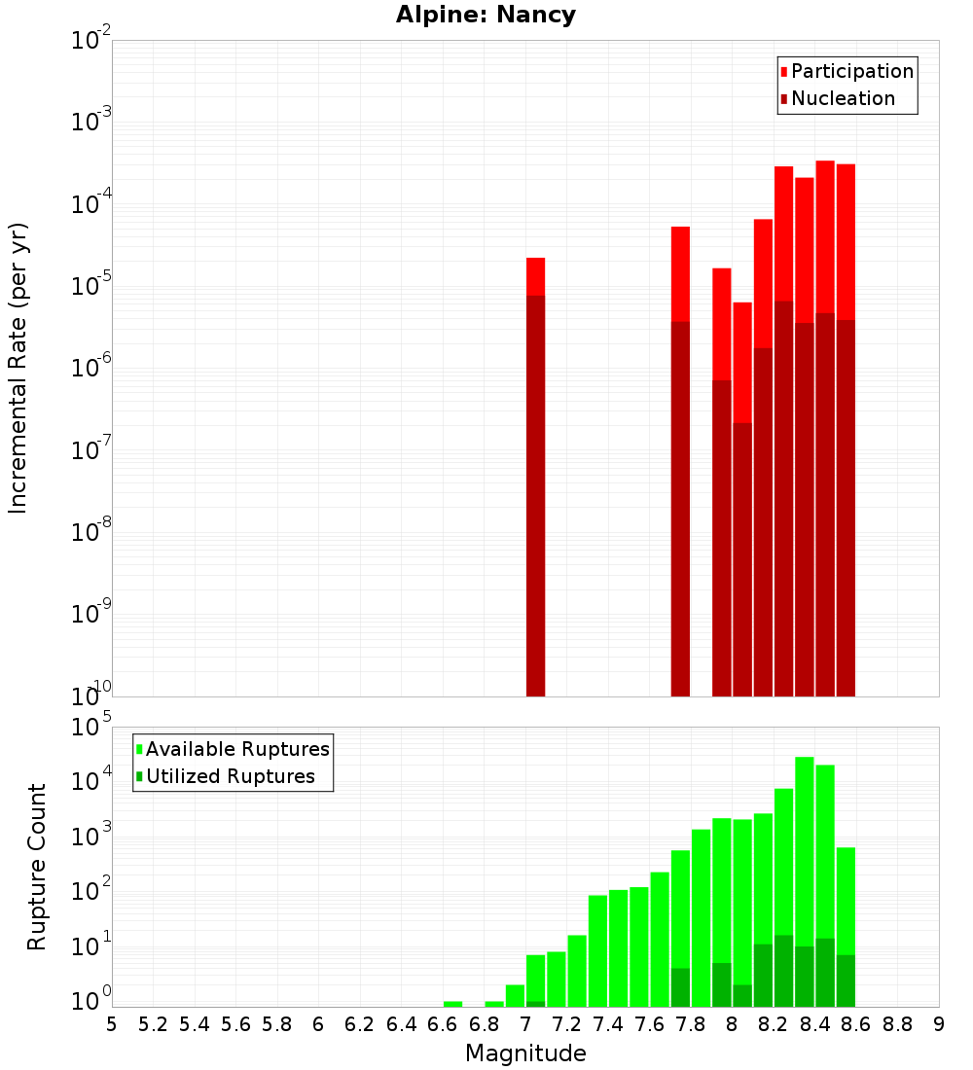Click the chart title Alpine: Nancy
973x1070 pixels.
(x=486, y=15)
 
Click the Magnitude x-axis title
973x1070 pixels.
(x=525, y=1053)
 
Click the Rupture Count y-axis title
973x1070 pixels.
(x=37, y=866)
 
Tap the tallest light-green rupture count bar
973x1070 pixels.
(x=805, y=881)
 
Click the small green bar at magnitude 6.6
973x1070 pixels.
(x=452, y=1004)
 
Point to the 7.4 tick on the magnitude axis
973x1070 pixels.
(x=608, y=1024)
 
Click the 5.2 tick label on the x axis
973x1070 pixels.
(x=153, y=1024)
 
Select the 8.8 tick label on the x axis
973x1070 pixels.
(x=897, y=1024)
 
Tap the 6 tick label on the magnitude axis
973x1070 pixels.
(x=318, y=1024)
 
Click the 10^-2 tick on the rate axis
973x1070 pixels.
(x=91, y=42)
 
